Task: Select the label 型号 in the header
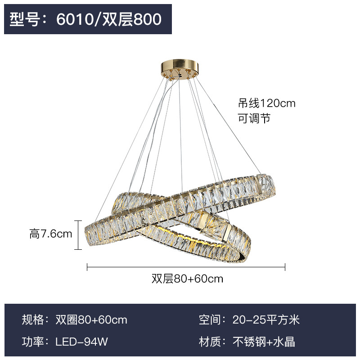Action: (26, 19)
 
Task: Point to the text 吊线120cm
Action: (267, 103)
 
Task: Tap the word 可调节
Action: (254, 119)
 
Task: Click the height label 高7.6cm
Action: (51, 234)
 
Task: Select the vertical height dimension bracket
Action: (79, 234)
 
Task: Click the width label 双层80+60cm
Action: (187, 279)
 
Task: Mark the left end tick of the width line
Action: (87, 267)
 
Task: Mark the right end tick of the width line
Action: (285, 267)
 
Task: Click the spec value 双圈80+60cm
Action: (91, 320)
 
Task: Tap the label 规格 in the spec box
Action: (33, 320)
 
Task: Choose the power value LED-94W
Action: (82, 342)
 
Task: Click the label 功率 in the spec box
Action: (33, 342)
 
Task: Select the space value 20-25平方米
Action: (266, 320)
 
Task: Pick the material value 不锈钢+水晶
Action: (264, 342)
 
